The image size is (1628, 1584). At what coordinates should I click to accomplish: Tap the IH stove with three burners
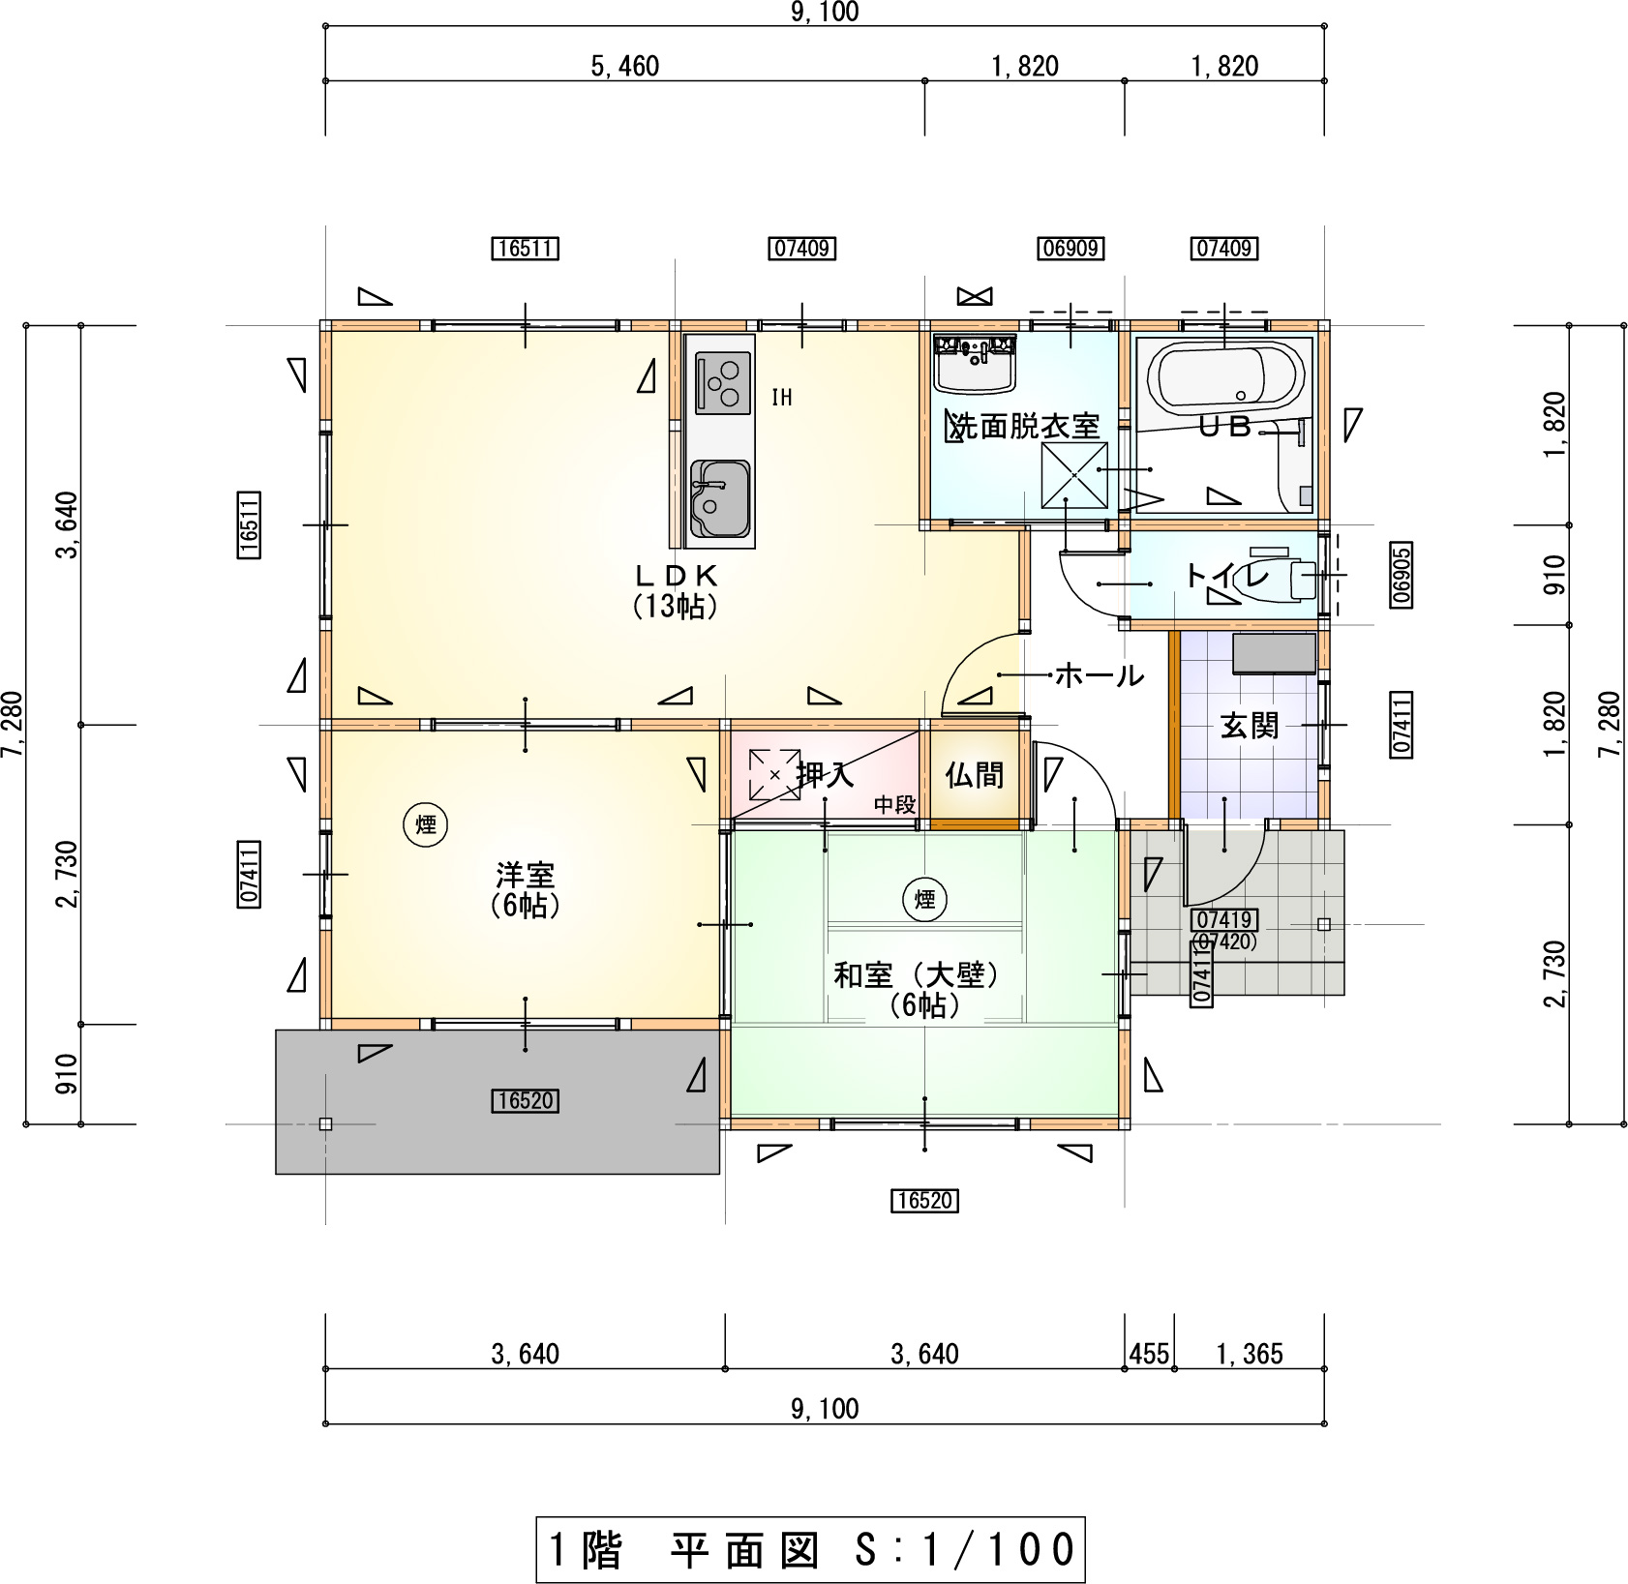pos(723,382)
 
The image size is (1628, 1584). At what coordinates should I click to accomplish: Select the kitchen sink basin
pos(720,498)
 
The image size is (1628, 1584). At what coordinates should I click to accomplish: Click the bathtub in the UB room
pos(1224,375)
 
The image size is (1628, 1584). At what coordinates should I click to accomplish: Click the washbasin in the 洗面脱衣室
pos(974,363)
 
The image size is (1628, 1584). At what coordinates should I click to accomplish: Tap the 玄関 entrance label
pos(1249,725)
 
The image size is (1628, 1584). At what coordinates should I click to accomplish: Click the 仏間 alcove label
pos(974,775)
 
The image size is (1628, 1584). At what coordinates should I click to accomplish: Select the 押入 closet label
pos(825,775)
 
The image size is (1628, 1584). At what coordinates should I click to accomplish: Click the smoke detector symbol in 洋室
pos(426,824)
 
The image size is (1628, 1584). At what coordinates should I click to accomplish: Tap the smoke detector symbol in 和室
pos(924,900)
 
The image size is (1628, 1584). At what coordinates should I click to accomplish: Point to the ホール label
pos(1099,674)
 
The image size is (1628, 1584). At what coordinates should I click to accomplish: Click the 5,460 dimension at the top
pos(624,66)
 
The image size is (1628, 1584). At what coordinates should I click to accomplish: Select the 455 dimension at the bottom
pos(1149,1353)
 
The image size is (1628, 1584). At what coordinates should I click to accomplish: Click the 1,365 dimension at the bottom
pos(1249,1353)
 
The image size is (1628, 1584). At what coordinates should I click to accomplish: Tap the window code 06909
pos(1070,249)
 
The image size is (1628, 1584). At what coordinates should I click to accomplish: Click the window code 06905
pos(1402,575)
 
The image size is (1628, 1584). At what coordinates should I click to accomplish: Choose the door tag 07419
pos(1224,919)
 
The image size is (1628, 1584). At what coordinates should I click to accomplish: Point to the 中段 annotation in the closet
pos(894,804)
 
